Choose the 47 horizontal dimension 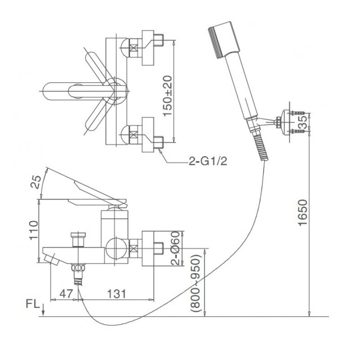pos(66,293)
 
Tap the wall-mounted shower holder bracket pos(283,121)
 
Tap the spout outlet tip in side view pos(51,260)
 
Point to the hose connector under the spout pos(80,274)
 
